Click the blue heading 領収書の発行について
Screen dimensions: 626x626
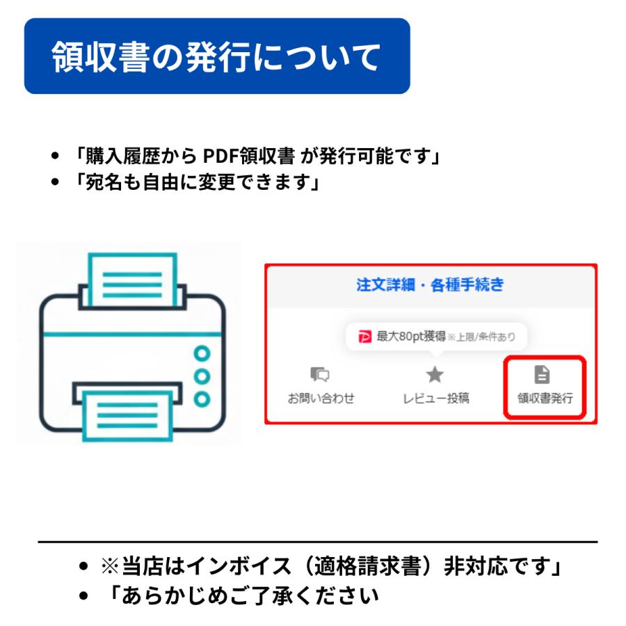pos(216,57)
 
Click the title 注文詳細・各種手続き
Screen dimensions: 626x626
pos(430,285)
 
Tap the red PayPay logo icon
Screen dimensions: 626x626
pos(365,337)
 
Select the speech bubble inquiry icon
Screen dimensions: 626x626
pos(320,375)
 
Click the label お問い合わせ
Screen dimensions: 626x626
pos(321,399)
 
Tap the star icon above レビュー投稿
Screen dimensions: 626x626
pos(435,375)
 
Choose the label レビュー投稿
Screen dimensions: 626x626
pos(435,399)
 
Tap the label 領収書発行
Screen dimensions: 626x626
pos(545,399)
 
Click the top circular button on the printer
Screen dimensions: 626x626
pos(202,353)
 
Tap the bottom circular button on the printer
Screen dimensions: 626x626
pos(202,399)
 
